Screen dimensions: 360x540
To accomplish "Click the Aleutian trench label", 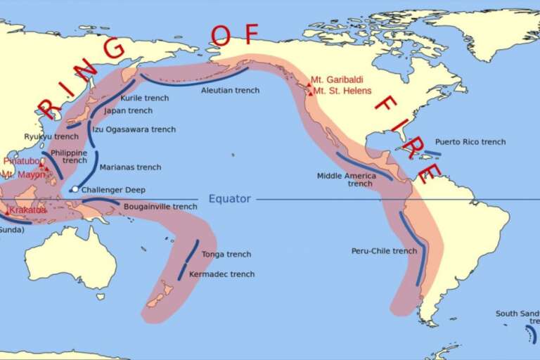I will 230,91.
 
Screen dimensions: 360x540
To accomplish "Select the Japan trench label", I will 128,111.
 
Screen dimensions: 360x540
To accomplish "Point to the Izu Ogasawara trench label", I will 134,129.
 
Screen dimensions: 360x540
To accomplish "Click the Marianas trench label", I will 130,167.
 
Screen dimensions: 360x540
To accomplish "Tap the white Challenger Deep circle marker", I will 75,189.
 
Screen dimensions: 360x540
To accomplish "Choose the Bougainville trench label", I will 160,207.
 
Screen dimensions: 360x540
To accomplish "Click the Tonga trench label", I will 226,255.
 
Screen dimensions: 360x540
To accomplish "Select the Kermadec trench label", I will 222,274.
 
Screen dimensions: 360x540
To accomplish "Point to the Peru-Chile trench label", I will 384,251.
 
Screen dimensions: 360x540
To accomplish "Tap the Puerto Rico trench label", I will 470,142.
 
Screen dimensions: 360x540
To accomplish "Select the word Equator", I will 229,199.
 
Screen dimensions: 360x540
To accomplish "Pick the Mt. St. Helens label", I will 342,91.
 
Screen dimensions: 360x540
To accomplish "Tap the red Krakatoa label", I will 29,210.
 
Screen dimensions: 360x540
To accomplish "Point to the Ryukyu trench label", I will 51,136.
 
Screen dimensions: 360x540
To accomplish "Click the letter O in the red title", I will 220,35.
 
